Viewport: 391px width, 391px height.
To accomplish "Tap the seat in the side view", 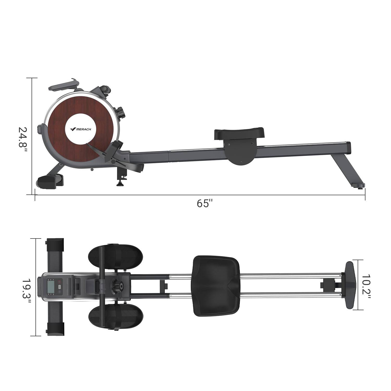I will click(239, 134).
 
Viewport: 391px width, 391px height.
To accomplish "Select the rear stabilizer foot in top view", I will click(350, 285).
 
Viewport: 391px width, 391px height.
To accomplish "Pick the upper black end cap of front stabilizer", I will click(55, 244).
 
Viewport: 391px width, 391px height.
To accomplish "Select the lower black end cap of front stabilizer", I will click(55, 329).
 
